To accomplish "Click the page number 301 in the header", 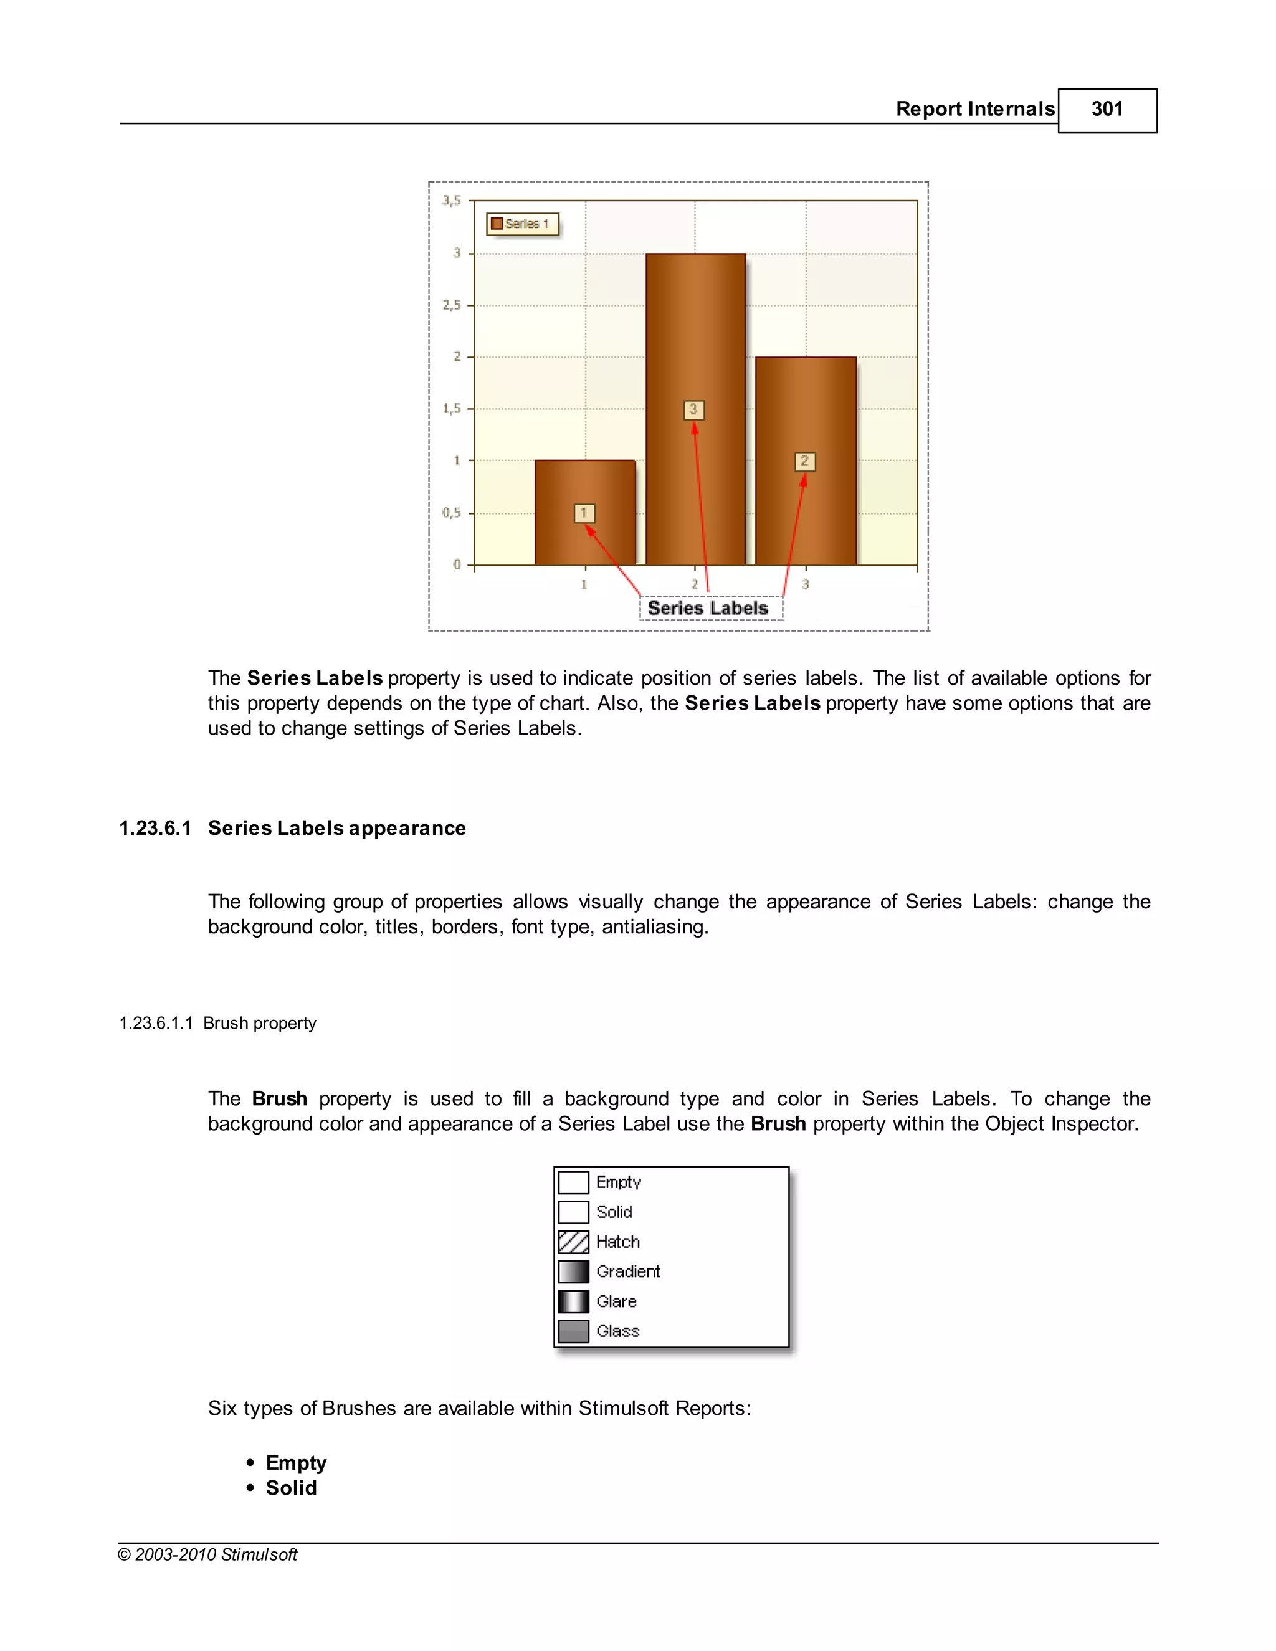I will (x=1107, y=110).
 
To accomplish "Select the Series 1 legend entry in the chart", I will (x=521, y=224).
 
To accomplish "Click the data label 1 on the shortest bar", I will (x=584, y=513).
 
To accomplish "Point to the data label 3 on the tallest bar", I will (x=693, y=410).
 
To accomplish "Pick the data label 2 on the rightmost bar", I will (x=805, y=461).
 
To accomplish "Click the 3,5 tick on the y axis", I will (x=451, y=201).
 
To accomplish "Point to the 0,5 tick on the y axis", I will (x=451, y=513).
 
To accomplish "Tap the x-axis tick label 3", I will (x=806, y=584).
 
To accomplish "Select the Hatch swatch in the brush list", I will (x=574, y=1242).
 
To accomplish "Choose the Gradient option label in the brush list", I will (x=627, y=1272).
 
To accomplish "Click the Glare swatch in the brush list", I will (x=574, y=1301).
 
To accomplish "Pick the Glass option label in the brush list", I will (x=617, y=1331).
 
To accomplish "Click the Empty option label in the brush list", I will (x=618, y=1182).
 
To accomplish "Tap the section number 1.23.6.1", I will (x=156, y=829).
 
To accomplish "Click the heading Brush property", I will (x=259, y=1024).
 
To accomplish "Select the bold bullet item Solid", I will (x=291, y=1488).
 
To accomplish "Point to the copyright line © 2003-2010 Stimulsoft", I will (x=208, y=1555).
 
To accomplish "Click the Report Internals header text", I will (x=974, y=110).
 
